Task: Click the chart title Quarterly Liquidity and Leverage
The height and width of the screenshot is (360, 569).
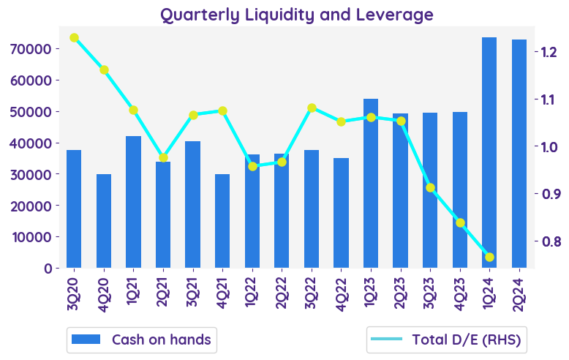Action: [x=296, y=15]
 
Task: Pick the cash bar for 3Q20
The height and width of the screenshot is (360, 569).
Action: [x=74, y=209]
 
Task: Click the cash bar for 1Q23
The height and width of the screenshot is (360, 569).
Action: [x=371, y=183]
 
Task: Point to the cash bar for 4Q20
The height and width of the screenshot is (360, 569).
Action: [x=104, y=221]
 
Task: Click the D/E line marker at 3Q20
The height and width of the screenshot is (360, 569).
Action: [x=74, y=37]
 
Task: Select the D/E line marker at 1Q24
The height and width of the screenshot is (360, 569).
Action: [x=489, y=257]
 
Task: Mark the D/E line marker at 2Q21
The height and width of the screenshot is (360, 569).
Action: [x=163, y=157]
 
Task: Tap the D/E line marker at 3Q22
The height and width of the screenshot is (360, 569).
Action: [x=312, y=108]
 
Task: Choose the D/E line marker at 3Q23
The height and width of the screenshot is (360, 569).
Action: [x=430, y=188]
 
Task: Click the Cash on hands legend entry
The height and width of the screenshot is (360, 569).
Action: [x=142, y=340]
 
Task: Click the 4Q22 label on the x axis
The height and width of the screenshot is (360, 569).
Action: [x=342, y=292]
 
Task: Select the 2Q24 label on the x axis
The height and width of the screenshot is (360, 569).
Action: [x=519, y=292]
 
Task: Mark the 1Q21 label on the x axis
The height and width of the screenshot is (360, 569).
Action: [x=133, y=292]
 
